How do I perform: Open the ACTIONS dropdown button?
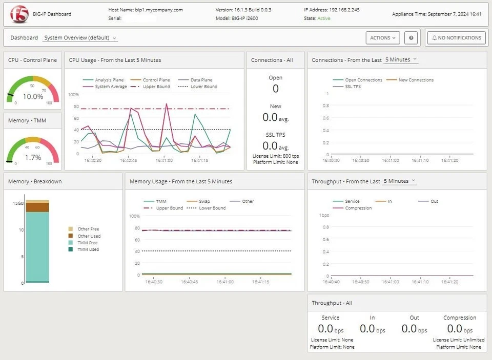tap(383, 38)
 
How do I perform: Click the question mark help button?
tap(411, 38)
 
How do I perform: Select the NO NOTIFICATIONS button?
tap(456, 38)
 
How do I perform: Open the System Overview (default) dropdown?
tap(80, 38)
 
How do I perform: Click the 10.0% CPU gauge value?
tap(33, 96)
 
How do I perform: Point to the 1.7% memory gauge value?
tap(33, 157)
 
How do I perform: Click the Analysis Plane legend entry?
tap(109, 80)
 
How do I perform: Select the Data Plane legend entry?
tap(202, 80)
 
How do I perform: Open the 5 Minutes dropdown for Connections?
tap(401, 60)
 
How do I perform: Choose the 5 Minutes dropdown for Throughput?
tap(399, 181)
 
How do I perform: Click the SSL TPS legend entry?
tap(353, 87)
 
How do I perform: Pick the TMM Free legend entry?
tap(88, 243)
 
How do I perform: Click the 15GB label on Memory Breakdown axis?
tap(18, 203)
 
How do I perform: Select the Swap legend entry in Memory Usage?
tap(204, 201)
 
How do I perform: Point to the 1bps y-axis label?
tap(324, 215)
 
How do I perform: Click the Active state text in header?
tap(323, 18)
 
